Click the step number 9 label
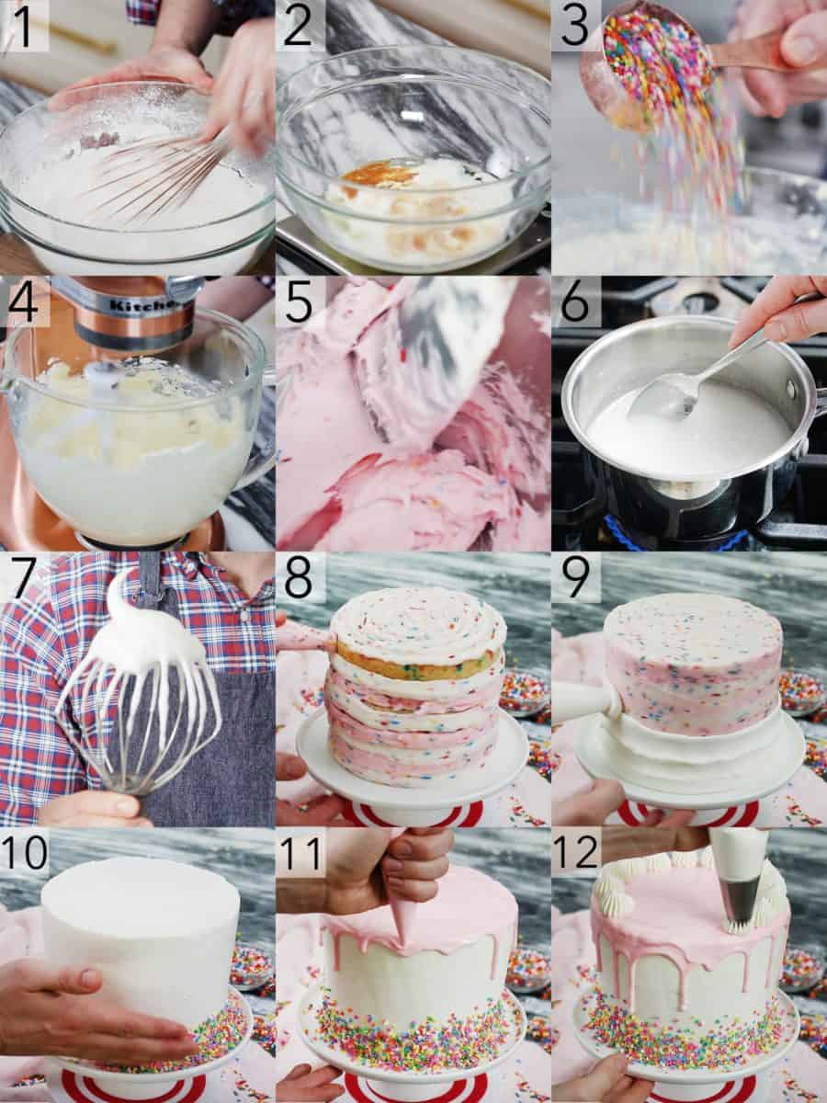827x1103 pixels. point(574,576)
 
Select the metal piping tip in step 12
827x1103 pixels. point(742,896)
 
